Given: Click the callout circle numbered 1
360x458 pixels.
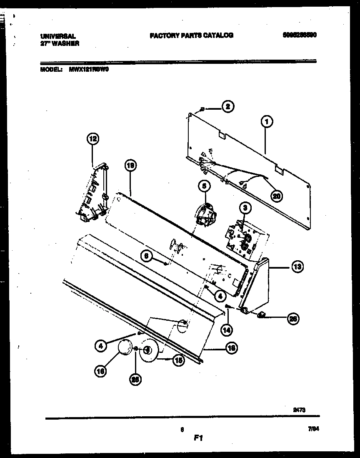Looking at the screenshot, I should (x=267, y=121).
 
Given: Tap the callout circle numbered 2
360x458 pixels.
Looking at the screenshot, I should (x=227, y=107).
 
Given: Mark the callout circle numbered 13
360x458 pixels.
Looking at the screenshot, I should (x=297, y=266).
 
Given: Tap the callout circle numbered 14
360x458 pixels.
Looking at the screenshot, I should (x=227, y=330).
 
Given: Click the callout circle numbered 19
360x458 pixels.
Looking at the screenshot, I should (x=130, y=166).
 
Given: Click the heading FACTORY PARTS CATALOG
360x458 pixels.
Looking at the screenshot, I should (x=191, y=35).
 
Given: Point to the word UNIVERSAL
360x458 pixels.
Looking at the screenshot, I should (x=58, y=36).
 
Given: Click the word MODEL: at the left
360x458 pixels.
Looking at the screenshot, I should (x=52, y=70).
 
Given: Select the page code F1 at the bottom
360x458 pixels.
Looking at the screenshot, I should (x=198, y=438).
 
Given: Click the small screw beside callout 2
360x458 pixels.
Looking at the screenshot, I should (x=202, y=109).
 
